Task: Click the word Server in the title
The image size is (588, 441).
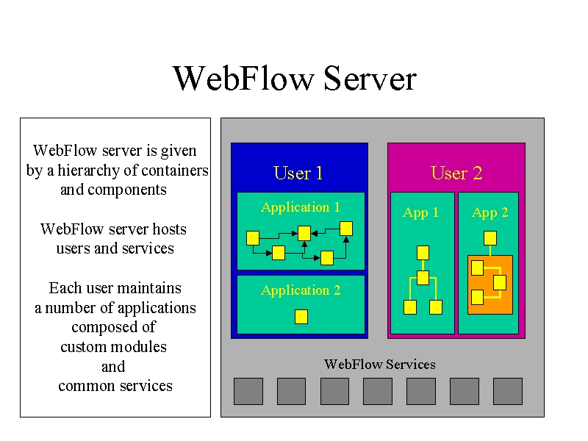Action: coord(370,78)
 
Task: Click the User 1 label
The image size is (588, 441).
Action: coord(298,173)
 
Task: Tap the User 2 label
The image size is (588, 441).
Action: coord(456,173)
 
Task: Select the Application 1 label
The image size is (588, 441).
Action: coord(301,207)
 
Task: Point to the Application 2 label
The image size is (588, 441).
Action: coord(301,290)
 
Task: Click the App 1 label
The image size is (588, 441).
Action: coord(420,213)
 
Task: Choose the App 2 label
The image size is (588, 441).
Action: coord(490,213)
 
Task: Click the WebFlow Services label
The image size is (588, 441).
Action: coord(380,364)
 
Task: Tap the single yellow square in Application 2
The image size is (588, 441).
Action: coord(301,317)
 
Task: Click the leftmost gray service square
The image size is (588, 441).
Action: coord(248,392)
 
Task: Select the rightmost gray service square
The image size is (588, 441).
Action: coord(508,392)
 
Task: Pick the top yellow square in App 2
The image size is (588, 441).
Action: coord(490,238)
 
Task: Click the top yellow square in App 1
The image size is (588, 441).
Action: coord(423,253)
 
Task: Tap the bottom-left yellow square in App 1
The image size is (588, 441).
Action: coord(410,307)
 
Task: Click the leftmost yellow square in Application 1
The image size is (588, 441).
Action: coord(253,238)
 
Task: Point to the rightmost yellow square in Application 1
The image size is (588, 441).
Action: coord(346,229)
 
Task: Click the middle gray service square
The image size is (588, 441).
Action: coord(378,392)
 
